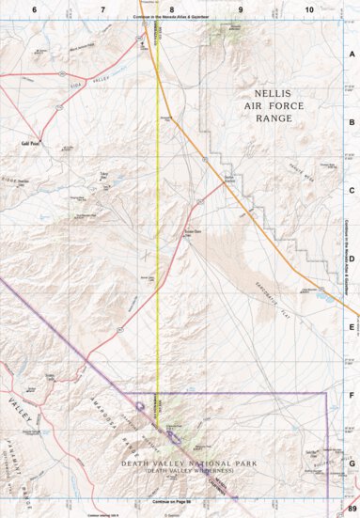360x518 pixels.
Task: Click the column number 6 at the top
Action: click(x=34, y=8)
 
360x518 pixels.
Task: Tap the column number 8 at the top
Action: click(x=172, y=8)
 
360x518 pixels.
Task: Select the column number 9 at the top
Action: click(x=241, y=8)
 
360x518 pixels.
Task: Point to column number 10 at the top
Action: click(x=309, y=8)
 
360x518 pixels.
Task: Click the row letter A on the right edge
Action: click(x=352, y=54)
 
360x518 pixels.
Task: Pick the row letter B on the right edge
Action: click(x=352, y=122)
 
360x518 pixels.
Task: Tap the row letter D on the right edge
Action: click(x=352, y=259)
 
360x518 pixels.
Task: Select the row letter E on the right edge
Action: click(x=352, y=327)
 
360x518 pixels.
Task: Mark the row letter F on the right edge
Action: click(x=352, y=396)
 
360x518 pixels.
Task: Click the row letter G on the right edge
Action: click(x=352, y=463)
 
